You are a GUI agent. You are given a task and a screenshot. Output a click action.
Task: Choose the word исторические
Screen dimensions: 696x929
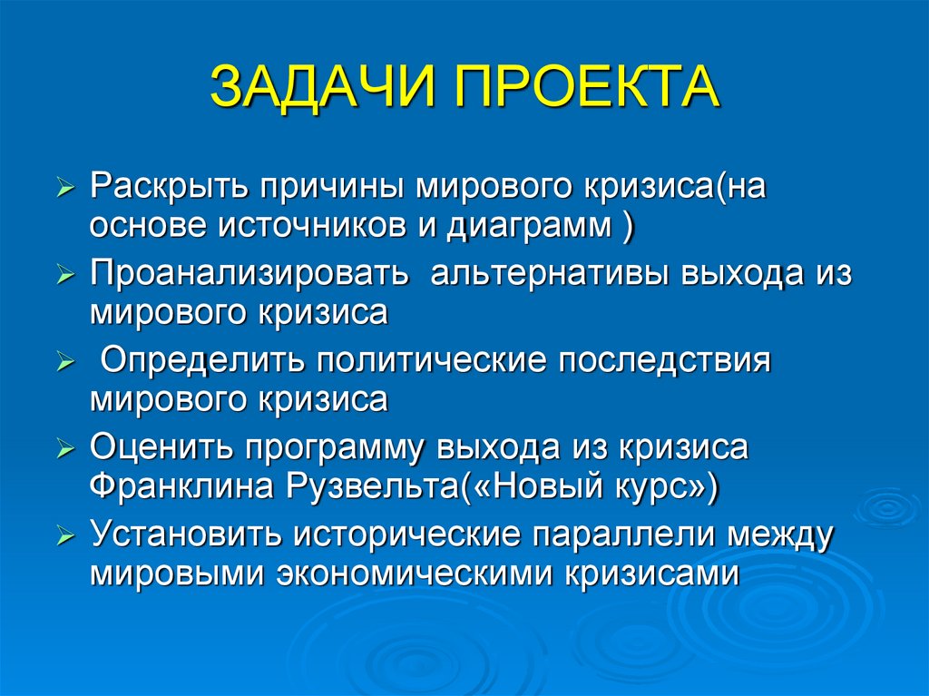coord(407,535)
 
